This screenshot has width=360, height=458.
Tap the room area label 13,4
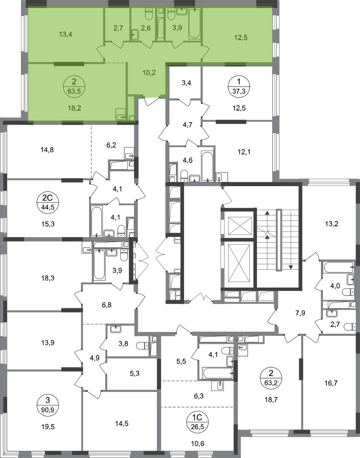(65, 34)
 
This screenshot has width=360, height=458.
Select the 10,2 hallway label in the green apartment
(149, 73)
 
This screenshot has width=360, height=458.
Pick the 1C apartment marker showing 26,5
(197, 420)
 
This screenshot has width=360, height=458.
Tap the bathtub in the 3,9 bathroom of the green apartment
(195, 24)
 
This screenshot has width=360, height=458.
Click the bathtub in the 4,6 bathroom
(208, 167)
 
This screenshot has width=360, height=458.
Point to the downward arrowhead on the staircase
(291, 267)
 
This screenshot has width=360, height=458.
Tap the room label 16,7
(331, 383)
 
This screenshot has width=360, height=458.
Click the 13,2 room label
(332, 224)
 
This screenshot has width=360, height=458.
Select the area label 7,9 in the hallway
(300, 313)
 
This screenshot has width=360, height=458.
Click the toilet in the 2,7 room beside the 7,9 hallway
(350, 326)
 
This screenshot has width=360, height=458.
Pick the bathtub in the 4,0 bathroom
(339, 267)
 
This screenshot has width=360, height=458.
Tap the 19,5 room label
(48, 427)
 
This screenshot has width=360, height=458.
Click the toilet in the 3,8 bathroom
(143, 346)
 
